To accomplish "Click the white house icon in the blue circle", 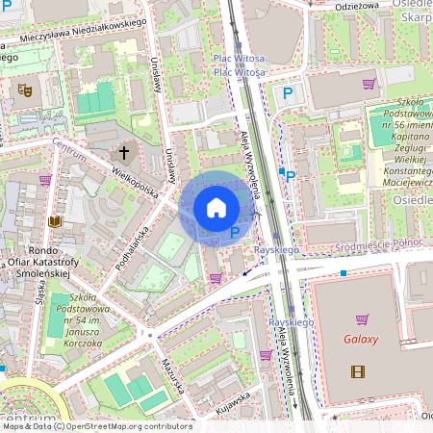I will [216, 207].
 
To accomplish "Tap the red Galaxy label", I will [361, 340].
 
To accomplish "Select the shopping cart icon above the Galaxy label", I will [363, 318].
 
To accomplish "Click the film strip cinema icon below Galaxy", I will [358, 371].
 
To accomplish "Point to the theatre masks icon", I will [26, 89].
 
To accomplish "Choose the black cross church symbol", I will [123, 152].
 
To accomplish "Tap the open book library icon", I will [55, 221].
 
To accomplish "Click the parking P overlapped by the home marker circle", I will [235, 232].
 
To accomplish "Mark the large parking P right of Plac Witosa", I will [287, 93].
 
